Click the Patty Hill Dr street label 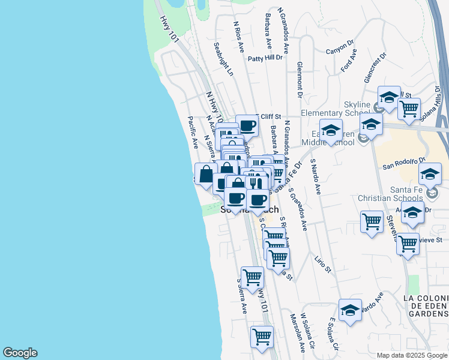[x=265, y=58]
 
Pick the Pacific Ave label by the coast [x=193, y=133]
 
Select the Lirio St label [x=322, y=264]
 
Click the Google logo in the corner [x=20, y=353]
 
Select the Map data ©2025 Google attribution [x=412, y=355]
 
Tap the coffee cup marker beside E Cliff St [x=247, y=126]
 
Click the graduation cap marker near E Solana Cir [x=350, y=310]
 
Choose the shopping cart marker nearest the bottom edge [x=262, y=337]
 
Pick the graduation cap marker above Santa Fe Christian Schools [x=430, y=175]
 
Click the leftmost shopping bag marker [x=205, y=174]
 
